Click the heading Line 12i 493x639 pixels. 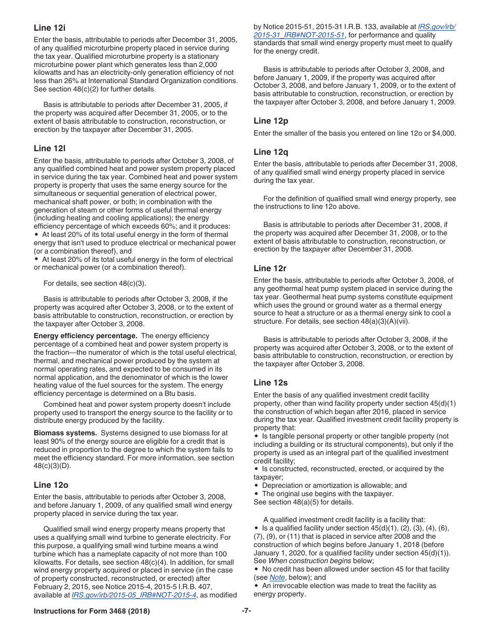(x=49, y=28)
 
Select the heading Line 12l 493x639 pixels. (x=49, y=148)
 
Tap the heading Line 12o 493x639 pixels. (x=51, y=485)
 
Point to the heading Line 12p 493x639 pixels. (x=270, y=121)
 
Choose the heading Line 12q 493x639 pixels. (x=270, y=152)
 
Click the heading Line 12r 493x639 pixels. (x=270, y=268)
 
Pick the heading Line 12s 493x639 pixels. (x=270, y=382)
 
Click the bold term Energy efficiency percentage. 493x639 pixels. (x=85, y=336)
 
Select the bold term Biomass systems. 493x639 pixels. (x=65, y=433)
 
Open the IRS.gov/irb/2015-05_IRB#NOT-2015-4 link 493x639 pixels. (x=134, y=595)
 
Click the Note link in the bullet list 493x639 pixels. (x=277, y=577)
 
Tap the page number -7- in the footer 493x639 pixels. (x=246, y=611)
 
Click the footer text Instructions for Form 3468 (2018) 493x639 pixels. (x=92, y=611)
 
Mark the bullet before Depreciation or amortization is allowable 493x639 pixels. (x=256, y=485)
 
